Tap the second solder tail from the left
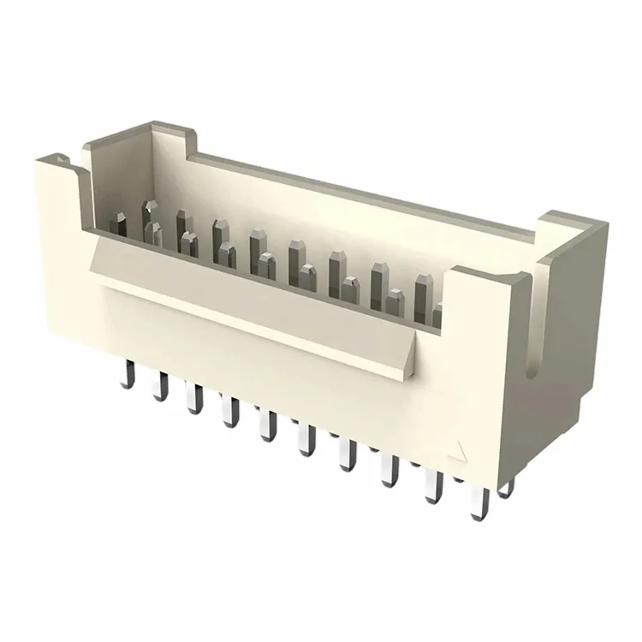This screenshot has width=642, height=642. pos(159,386)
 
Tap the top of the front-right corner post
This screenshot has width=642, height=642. pos(484,271)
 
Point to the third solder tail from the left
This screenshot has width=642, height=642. pos(195,400)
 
